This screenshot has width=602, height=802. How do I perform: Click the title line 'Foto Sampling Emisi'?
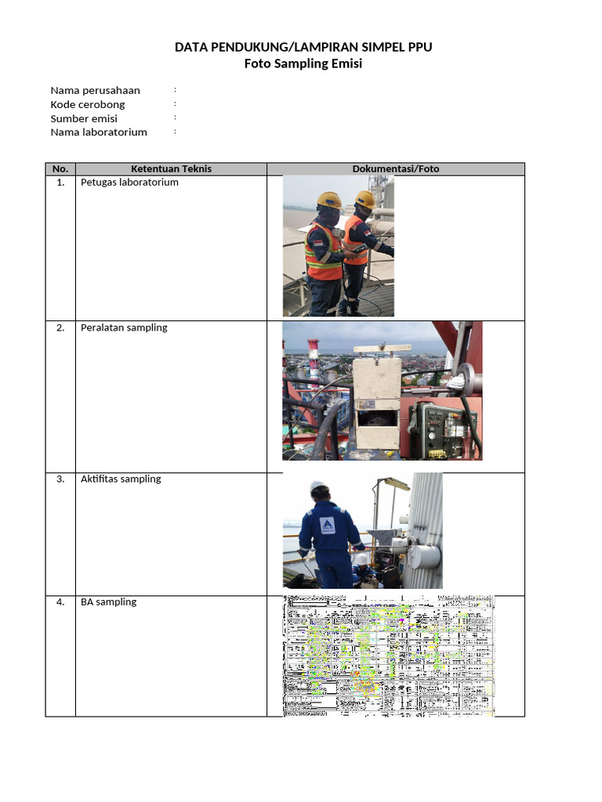tap(303, 64)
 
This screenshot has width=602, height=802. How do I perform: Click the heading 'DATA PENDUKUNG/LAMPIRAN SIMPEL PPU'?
tap(303, 48)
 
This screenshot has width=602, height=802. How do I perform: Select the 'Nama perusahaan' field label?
tap(95, 90)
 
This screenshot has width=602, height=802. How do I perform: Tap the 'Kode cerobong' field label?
tap(88, 104)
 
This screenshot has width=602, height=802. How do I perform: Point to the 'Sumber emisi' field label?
tap(84, 118)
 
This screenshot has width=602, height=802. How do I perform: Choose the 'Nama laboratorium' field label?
tap(99, 132)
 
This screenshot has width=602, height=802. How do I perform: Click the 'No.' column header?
tap(60, 168)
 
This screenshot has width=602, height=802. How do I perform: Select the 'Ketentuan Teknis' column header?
tap(171, 168)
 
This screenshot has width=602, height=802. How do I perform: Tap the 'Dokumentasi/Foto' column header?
tap(396, 168)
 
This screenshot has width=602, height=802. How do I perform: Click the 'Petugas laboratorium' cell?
tap(129, 182)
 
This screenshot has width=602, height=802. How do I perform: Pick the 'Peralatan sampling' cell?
tap(124, 328)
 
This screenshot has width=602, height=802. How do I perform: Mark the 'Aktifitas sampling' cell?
tap(121, 479)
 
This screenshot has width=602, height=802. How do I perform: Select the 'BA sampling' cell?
tap(108, 602)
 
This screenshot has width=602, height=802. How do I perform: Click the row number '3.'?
tap(60, 479)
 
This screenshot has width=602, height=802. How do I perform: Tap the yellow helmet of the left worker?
tap(328, 199)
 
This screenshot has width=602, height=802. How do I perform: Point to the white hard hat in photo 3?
tap(318, 487)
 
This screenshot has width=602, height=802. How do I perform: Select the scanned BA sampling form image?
tap(389, 656)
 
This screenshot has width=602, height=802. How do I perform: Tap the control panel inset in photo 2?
tap(441, 428)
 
